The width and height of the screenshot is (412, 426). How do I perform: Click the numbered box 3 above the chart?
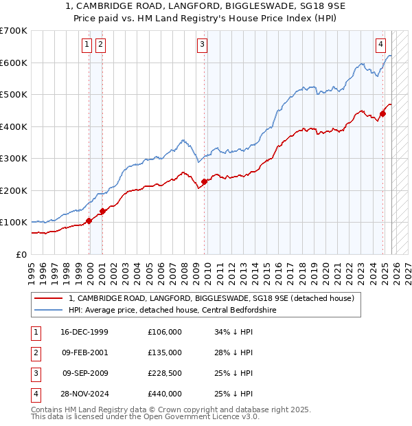pos(203,45)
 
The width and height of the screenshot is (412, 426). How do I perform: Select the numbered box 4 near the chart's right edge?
pos(380,45)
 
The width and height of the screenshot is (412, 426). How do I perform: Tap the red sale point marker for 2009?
pos(205,182)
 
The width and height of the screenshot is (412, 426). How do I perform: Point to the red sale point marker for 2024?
pos(382,114)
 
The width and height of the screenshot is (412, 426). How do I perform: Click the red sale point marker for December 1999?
pos(89,221)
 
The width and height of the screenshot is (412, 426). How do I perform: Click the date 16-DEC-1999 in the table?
pos(85,332)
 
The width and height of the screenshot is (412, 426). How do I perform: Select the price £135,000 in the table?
pos(165,352)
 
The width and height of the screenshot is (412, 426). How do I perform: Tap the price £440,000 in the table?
pos(165,394)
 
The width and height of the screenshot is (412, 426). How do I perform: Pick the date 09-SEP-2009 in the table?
pos(85,373)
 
